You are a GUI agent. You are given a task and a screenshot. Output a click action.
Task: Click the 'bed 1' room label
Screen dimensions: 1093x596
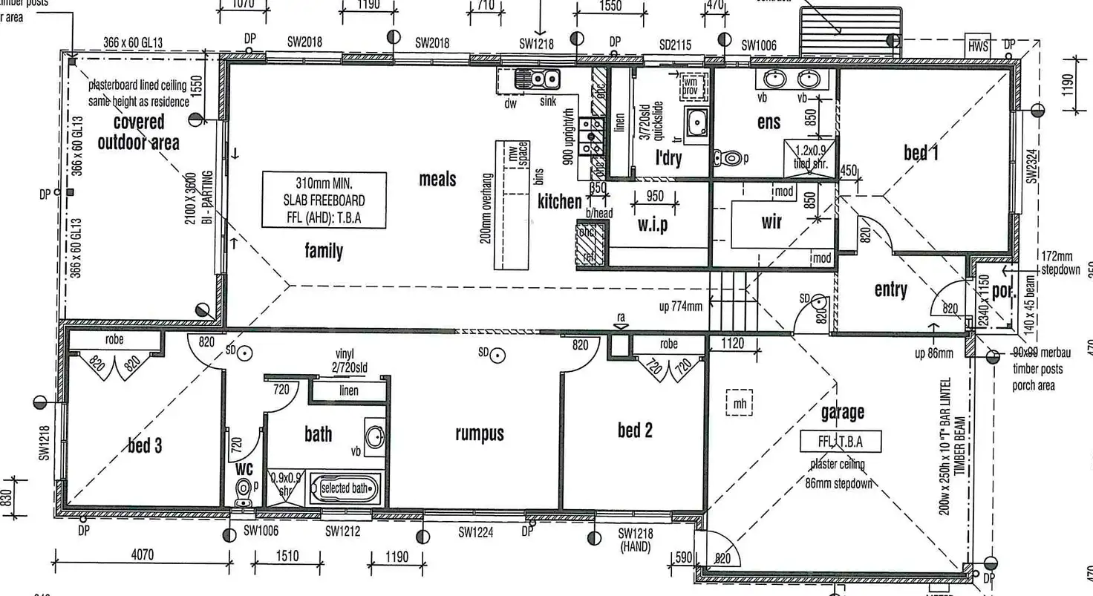(921, 153)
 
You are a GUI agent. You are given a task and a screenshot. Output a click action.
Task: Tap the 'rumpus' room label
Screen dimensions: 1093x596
(480, 433)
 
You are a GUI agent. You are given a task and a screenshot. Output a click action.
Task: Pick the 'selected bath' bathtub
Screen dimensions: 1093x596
(345, 488)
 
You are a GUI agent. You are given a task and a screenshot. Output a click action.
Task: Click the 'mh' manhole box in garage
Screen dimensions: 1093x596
(738, 404)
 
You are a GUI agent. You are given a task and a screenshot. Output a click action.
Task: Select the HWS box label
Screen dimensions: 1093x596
(978, 46)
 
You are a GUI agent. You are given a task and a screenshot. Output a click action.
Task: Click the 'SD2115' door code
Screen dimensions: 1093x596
(675, 45)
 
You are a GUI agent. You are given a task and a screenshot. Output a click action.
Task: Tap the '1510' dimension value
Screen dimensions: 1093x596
(287, 556)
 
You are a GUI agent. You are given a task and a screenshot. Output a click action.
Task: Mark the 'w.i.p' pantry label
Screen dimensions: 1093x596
(652, 224)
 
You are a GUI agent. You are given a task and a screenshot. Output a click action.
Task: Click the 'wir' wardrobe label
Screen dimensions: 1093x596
(771, 221)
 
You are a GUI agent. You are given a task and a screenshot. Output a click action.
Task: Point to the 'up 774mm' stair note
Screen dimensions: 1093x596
(680, 305)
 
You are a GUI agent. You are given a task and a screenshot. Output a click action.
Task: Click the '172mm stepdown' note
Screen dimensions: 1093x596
(1060, 263)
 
